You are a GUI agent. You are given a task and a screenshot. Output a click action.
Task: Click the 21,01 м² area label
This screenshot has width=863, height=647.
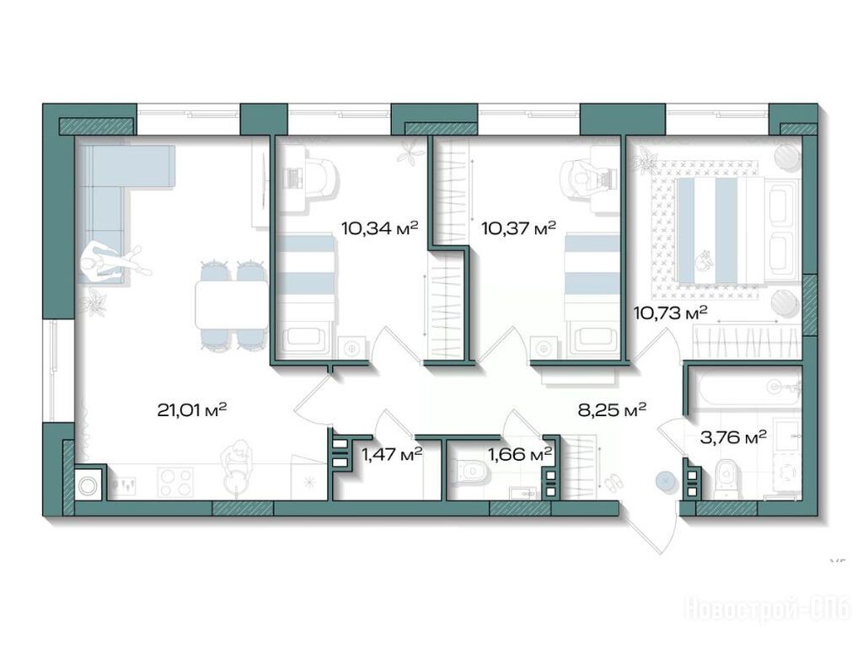tap(192, 410)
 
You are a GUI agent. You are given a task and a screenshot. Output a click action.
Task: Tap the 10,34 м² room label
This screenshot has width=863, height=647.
tap(380, 227)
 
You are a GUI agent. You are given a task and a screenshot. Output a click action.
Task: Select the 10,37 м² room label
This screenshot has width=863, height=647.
tap(518, 227)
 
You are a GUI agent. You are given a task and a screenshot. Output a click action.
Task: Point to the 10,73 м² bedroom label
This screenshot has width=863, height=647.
tap(670, 313)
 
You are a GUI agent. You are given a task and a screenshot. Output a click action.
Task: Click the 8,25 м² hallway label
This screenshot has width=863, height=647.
tap(612, 410)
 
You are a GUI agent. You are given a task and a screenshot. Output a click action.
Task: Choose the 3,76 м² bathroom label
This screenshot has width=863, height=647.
tap(733, 438)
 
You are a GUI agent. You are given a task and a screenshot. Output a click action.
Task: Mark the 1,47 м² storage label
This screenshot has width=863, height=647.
tap(392, 454)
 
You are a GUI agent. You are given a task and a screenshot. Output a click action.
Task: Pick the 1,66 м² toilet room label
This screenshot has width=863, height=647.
tap(520, 454)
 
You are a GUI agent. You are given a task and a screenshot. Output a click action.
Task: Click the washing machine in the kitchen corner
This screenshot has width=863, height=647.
tap(88, 485)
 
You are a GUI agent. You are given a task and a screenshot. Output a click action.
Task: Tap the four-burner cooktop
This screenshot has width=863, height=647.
tap(175, 483)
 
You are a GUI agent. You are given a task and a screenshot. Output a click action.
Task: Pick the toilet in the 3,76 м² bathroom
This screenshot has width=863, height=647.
tap(727, 479)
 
